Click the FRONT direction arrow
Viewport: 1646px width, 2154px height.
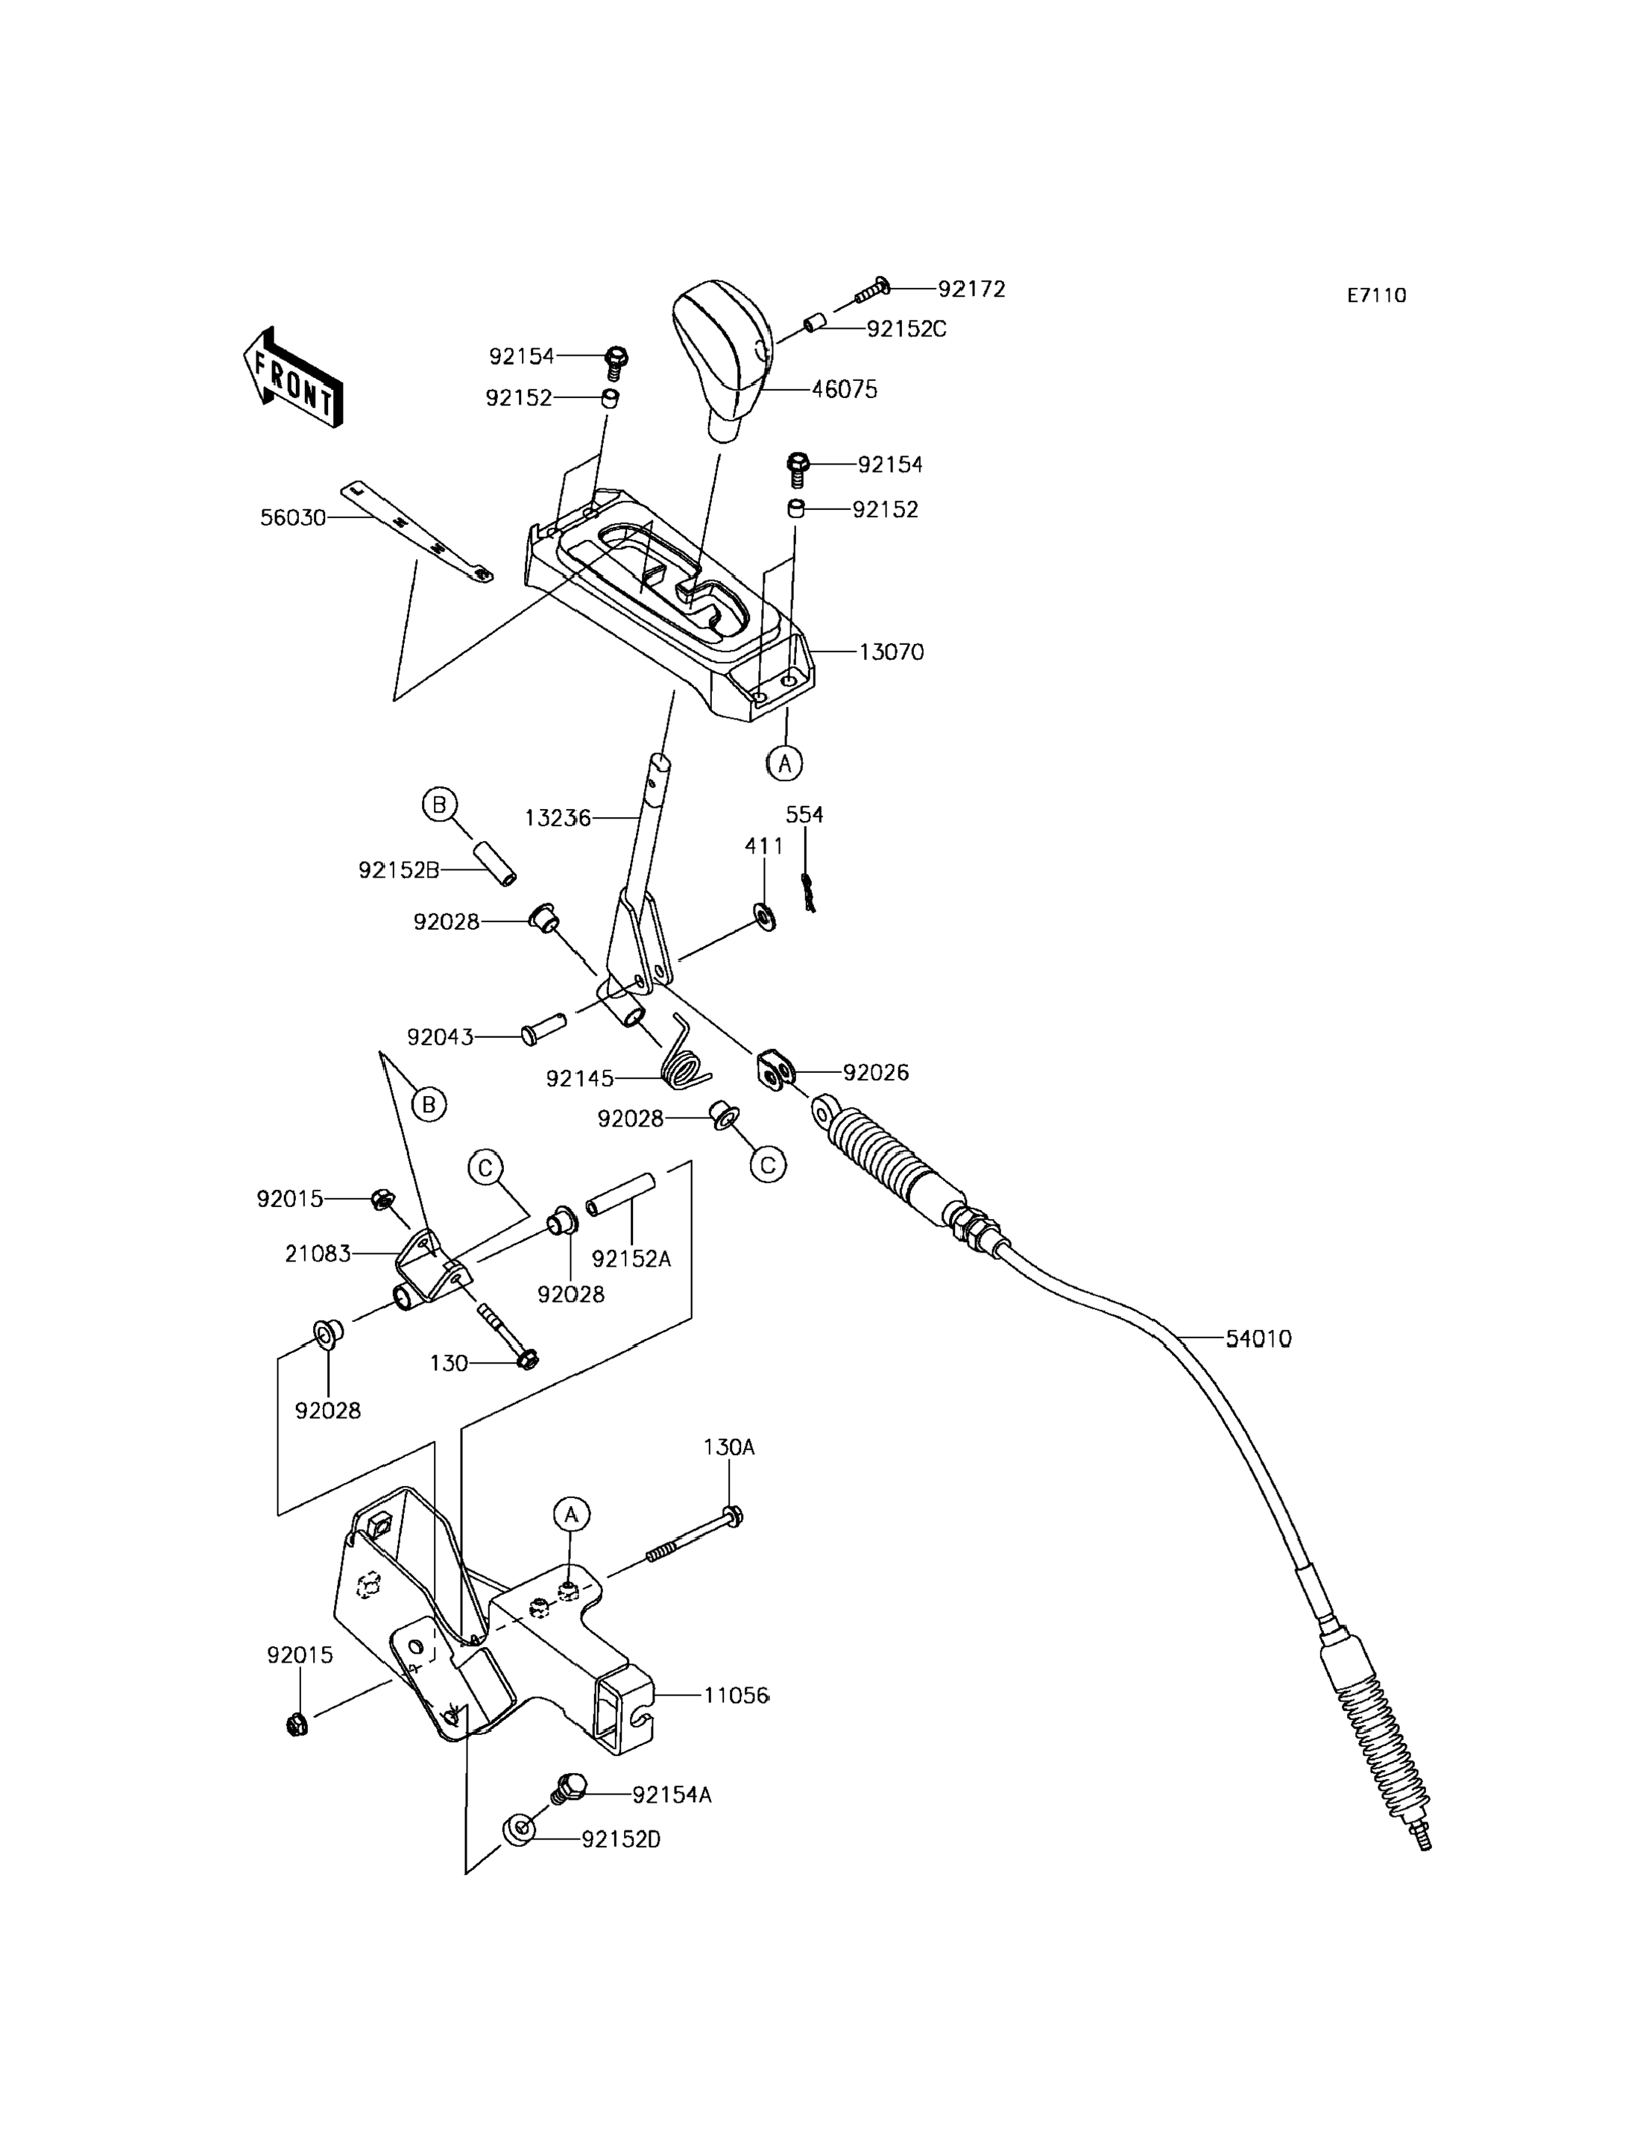292,378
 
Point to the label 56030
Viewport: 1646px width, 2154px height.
293,517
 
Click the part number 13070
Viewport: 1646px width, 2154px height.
891,652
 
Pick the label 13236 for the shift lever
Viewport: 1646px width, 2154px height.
558,817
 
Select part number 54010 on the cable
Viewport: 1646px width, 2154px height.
1258,1338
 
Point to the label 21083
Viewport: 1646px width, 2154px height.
318,1253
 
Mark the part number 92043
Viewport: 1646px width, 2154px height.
440,1037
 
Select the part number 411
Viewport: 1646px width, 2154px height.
764,845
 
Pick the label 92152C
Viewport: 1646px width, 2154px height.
906,330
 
